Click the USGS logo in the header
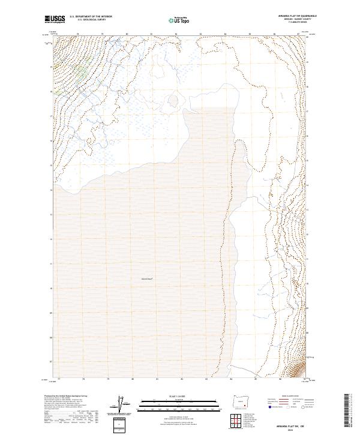click(x=55, y=19)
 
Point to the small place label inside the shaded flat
click(x=148, y=279)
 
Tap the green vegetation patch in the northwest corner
click(x=79, y=74)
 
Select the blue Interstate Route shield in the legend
click(x=265, y=406)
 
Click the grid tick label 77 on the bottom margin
click(x=58, y=379)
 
